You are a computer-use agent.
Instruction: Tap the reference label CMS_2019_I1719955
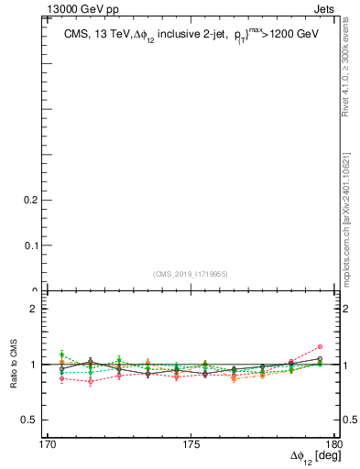(191, 273)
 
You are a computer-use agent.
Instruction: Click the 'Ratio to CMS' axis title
(14, 365)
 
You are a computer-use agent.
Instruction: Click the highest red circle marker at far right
(320, 346)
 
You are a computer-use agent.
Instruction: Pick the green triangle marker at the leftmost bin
(61, 354)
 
